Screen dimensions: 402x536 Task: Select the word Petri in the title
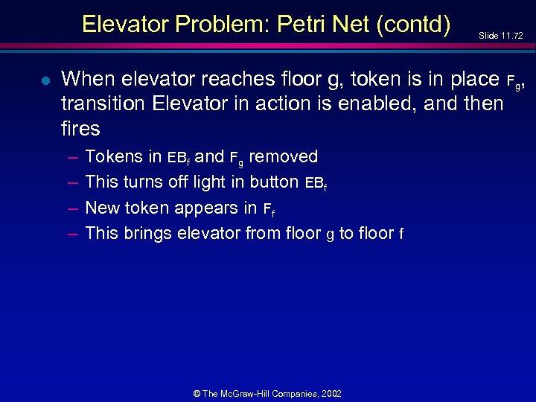[x=304, y=24]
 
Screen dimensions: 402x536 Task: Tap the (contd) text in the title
[x=413, y=24]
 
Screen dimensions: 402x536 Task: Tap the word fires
[x=80, y=129]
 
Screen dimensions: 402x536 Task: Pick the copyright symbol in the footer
[x=197, y=393]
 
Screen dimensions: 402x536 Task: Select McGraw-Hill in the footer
[x=256, y=393]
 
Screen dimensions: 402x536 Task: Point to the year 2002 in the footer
[x=332, y=393]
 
